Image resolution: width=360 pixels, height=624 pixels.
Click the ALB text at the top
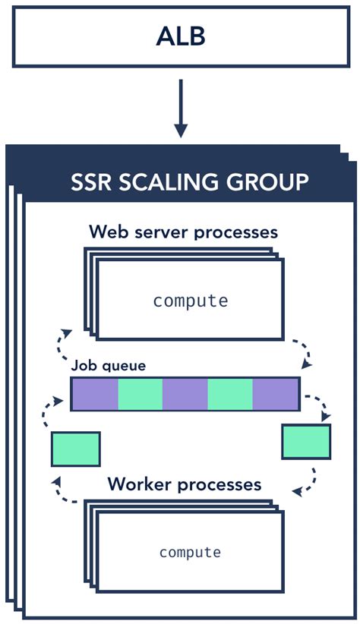180,35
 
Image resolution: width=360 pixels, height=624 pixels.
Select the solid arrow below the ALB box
180,107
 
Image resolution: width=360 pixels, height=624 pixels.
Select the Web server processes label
183,231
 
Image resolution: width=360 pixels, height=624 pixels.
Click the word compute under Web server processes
190,301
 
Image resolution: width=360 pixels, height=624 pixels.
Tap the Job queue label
108,365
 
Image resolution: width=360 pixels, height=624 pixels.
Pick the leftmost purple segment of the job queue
95,393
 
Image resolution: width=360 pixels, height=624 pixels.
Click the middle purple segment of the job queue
185,393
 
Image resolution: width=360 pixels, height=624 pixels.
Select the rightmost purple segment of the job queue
276,393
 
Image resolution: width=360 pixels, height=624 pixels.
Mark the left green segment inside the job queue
140,393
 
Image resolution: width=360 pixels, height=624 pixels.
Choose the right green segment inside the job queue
230,393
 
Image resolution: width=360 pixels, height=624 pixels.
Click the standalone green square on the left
75,449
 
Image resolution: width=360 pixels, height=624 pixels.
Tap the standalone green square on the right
306,442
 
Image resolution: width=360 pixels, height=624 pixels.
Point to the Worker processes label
184,484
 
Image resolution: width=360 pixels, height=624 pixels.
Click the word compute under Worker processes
190,553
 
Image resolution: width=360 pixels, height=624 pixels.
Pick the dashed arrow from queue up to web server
61,345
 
